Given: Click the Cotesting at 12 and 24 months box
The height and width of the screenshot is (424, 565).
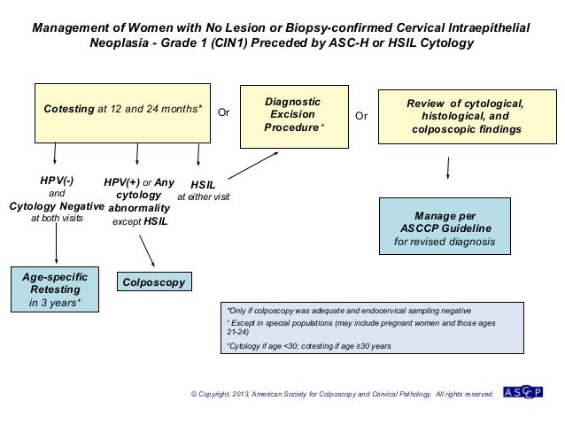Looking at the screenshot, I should [x=123, y=113].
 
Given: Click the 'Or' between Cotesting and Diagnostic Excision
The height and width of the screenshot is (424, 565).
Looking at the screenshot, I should [x=223, y=115].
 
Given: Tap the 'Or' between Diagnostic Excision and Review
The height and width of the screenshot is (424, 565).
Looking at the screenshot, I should [x=360, y=115].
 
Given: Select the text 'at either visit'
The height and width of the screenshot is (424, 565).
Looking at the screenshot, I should [x=205, y=197].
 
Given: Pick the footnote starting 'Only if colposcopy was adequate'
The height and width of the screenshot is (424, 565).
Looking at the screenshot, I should [x=350, y=312].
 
